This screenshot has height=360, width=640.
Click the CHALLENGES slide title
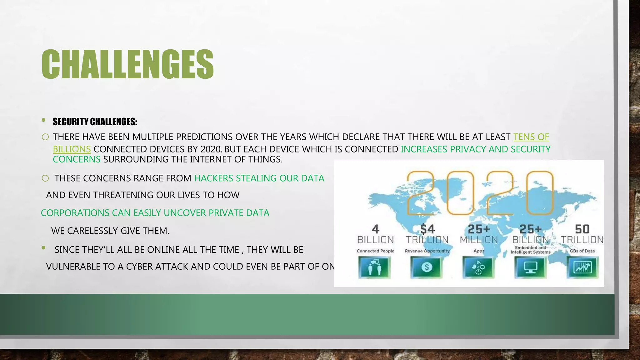(x=127, y=64)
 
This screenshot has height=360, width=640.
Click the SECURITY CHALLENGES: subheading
(x=95, y=122)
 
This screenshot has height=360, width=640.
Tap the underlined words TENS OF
(x=531, y=137)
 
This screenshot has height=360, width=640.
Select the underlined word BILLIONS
(x=72, y=149)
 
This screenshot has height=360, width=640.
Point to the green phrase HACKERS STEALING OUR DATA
(x=259, y=178)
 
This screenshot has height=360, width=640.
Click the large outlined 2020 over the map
(x=480, y=193)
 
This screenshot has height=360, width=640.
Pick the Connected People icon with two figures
(x=375, y=267)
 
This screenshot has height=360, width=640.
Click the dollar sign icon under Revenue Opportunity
(x=427, y=267)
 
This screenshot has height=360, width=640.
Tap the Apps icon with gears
(x=478, y=267)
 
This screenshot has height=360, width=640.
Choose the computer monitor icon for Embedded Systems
(x=530, y=267)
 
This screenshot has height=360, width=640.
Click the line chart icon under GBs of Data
(x=582, y=267)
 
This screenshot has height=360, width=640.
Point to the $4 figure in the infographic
(x=427, y=229)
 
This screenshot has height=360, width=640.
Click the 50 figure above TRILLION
(x=582, y=229)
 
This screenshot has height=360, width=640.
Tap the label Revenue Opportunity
(x=427, y=251)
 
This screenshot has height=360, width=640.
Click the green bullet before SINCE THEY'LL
(x=43, y=248)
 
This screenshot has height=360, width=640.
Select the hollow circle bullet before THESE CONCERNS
(x=45, y=178)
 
